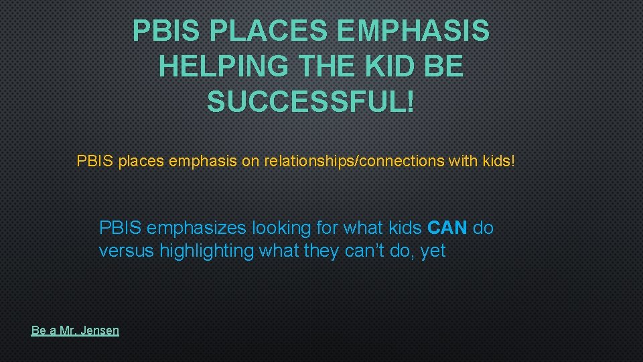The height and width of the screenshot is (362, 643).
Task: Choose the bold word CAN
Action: [x=447, y=228]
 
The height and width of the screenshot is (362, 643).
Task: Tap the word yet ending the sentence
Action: [x=433, y=252]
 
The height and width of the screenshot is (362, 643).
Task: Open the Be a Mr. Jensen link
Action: [x=75, y=330]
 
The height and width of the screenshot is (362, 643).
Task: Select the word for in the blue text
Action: [x=328, y=228]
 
